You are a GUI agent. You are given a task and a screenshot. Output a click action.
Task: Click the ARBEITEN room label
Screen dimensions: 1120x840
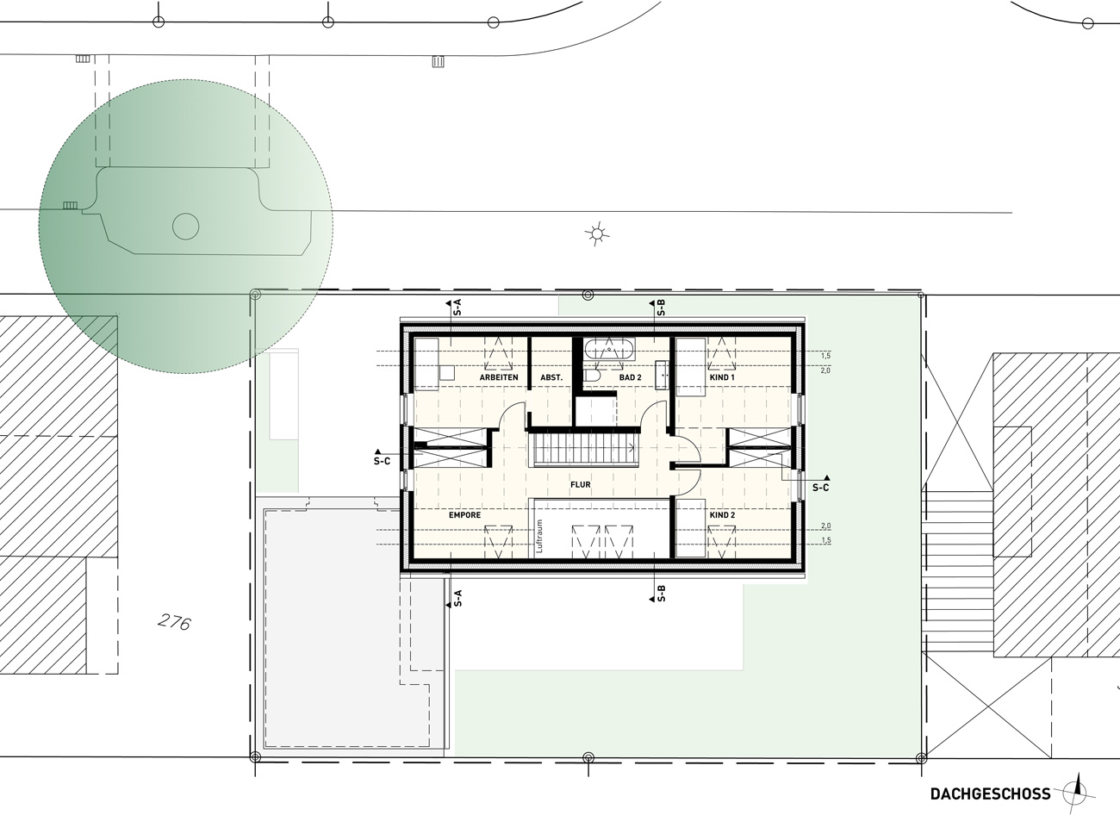pos(499,377)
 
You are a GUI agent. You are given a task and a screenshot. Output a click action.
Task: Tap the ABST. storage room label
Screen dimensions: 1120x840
pos(551,377)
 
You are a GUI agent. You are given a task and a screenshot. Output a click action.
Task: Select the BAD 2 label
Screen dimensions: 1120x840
pos(630,377)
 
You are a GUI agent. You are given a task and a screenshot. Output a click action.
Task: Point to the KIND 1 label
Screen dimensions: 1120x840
pos(722,377)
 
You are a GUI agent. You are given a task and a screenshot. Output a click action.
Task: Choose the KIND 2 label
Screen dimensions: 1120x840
pos(722,515)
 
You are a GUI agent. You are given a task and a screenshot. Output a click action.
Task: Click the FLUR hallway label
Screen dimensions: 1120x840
pos(581,484)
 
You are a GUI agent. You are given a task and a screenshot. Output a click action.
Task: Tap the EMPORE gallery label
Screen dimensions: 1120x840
pos(465,515)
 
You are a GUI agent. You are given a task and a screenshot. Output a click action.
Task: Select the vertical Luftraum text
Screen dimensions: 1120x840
pos(540,537)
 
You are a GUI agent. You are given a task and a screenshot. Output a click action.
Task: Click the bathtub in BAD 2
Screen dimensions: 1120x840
pos(609,350)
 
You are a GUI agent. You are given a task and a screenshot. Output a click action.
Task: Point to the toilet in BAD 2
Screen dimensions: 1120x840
pos(592,376)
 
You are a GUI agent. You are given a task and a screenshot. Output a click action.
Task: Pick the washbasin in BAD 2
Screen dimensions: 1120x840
pos(663,375)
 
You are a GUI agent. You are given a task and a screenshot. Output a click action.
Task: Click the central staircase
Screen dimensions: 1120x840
pos(585,449)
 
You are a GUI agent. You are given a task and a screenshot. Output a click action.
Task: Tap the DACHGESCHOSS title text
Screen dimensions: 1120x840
pos(991,794)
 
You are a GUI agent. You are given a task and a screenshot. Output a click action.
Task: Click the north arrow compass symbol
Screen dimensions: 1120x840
pos(1078,794)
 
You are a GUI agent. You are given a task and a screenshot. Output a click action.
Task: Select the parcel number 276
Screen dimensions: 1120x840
pos(174,623)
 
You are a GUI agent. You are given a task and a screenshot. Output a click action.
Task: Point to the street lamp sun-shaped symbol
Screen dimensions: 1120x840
pos(596,234)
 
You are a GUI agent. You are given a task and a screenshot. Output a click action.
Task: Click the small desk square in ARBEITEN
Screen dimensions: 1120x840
pos(447,373)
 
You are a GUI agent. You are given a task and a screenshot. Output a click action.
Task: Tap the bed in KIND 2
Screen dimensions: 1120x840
pos(690,528)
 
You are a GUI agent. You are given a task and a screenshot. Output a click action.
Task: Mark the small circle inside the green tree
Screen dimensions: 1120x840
pos(186,227)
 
